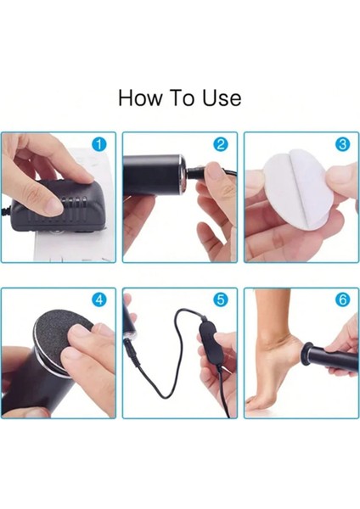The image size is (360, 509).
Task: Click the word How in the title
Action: coord(140,98)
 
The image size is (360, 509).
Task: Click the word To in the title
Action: coord(183,98)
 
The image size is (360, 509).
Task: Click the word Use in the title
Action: coord(222,98)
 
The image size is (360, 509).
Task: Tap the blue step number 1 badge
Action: coord(99,144)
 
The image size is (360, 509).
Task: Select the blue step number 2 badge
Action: coord(221,144)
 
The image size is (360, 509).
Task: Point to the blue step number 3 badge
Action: coord(342,144)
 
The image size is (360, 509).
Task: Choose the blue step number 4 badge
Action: coord(99,299)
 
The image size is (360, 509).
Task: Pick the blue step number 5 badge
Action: coord(221,299)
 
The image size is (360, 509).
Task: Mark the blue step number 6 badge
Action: coord(342,299)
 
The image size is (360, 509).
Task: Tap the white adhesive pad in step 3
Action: coord(294,192)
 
